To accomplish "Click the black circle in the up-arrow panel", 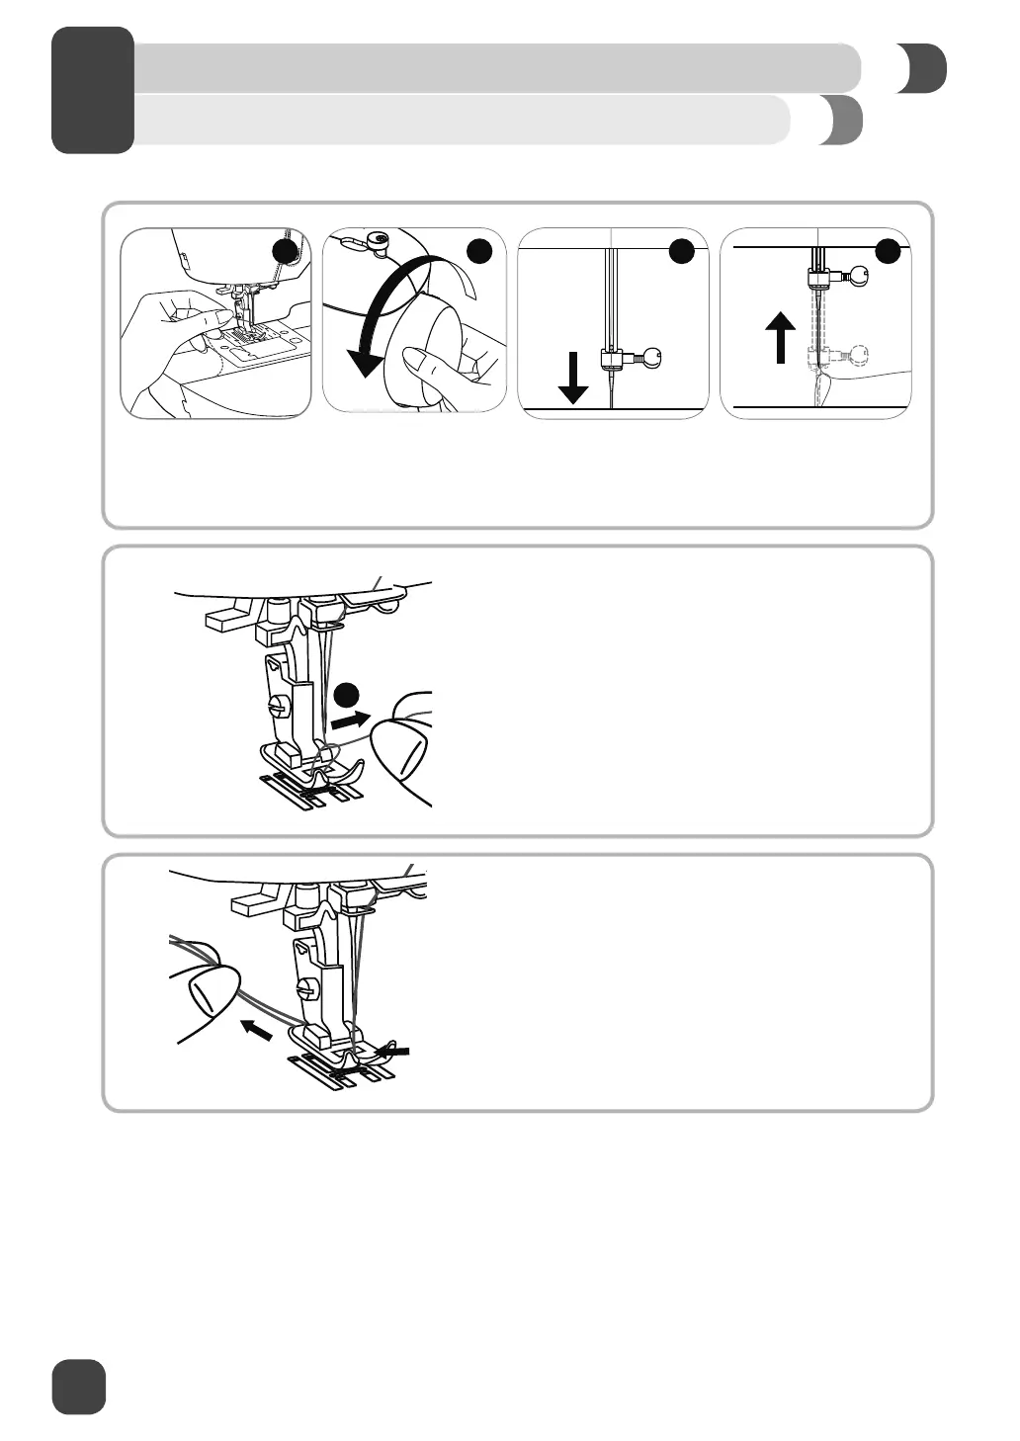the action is [x=888, y=252].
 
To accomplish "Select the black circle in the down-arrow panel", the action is [x=681, y=252].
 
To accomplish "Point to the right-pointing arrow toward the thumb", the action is [x=351, y=720].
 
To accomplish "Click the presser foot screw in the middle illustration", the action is [x=280, y=706].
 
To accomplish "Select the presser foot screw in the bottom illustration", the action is [x=304, y=987].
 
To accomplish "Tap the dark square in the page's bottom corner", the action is [x=79, y=1386].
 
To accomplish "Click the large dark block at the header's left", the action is [x=93, y=90].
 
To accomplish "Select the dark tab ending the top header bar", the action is [x=923, y=69].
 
